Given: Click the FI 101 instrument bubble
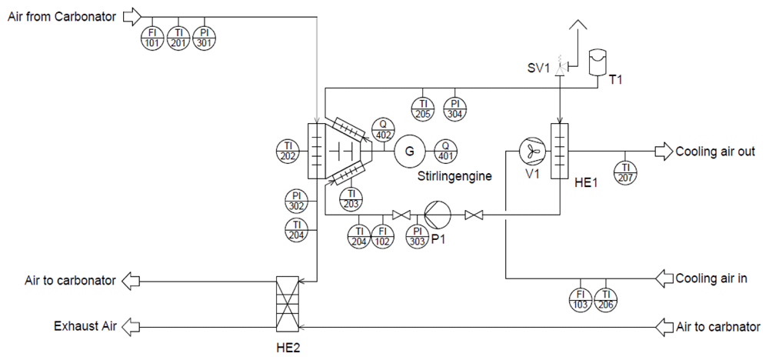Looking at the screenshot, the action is tap(152, 38).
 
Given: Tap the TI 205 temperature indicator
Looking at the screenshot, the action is tap(423, 108).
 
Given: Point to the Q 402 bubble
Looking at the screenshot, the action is tap(383, 129).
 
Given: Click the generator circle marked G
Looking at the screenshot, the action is tap(408, 151).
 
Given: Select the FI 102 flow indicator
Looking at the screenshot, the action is tap(383, 236).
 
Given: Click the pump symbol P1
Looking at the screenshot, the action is tap(438, 215).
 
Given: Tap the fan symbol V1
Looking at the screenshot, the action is tap(533, 151).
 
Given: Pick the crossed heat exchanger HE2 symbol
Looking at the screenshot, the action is tap(288, 303).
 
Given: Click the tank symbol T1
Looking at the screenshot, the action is tap(597, 62).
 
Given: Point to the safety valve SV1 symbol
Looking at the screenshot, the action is tap(560, 68).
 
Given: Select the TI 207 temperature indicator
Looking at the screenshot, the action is tap(625, 172).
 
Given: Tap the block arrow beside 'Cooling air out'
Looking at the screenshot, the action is tap(664, 152).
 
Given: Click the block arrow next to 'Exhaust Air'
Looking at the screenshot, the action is tap(131, 326).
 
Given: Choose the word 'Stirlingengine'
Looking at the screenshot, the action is tap(454, 176).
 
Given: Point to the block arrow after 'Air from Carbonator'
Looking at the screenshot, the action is tap(131, 17).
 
